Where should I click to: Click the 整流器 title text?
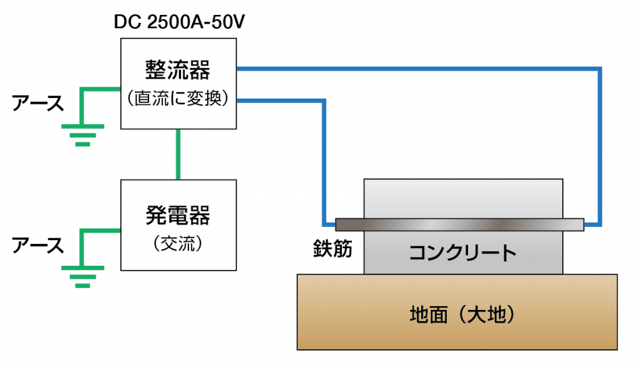(x=178, y=70)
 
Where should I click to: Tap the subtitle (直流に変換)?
(x=178, y=99)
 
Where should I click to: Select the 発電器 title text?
(x=178, y=215)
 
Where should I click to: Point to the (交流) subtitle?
(x=178, y=244)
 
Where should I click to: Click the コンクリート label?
(x=462, y=253)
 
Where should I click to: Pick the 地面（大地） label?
(x=462, y=314)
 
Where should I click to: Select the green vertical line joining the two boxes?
(x=178, y=154)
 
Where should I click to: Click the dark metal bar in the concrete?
(x=459, y=225)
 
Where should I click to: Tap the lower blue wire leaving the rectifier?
(x=281, y=100)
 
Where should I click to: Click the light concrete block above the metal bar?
(x=462, y=198)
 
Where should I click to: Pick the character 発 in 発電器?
(x=157, y=215)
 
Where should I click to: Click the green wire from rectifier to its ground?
(x=100, y=90)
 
